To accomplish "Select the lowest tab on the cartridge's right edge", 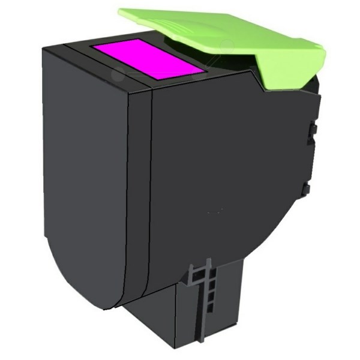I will point(306,190).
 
